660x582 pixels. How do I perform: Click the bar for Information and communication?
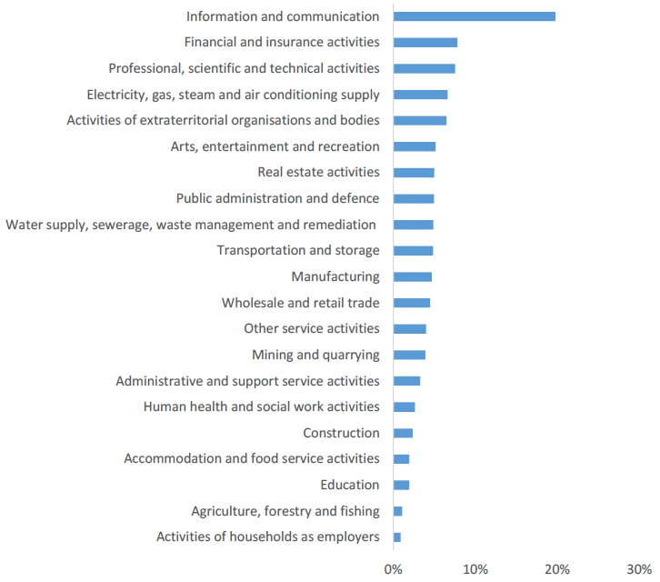[474, 16]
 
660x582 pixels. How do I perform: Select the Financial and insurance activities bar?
[425, 42]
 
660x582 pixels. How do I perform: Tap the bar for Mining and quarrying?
[409, 355]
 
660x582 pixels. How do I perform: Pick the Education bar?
[401, 485]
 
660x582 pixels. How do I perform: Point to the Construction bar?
[403, 433]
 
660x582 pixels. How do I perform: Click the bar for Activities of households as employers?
[397, 537]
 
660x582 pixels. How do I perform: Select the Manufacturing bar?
[413, 276]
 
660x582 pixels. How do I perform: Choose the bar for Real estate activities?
[414, 172]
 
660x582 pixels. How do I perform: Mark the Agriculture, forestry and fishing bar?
[398, 511]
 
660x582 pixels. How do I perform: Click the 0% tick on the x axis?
[393, 568]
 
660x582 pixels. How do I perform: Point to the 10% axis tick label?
[475, 568]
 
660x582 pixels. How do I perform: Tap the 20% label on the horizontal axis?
[557, 568]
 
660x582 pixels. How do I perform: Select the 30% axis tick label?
[639, 568]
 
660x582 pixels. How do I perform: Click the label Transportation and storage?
[298, 250]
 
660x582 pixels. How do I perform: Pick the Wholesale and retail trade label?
[300, 303]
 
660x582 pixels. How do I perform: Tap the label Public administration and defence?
[277, 198]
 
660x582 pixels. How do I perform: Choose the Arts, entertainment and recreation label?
[275, 146]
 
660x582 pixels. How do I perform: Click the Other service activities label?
[312, 328]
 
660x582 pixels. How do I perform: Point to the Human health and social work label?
[261, 406]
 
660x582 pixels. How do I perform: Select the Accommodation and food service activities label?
[252, 458]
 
